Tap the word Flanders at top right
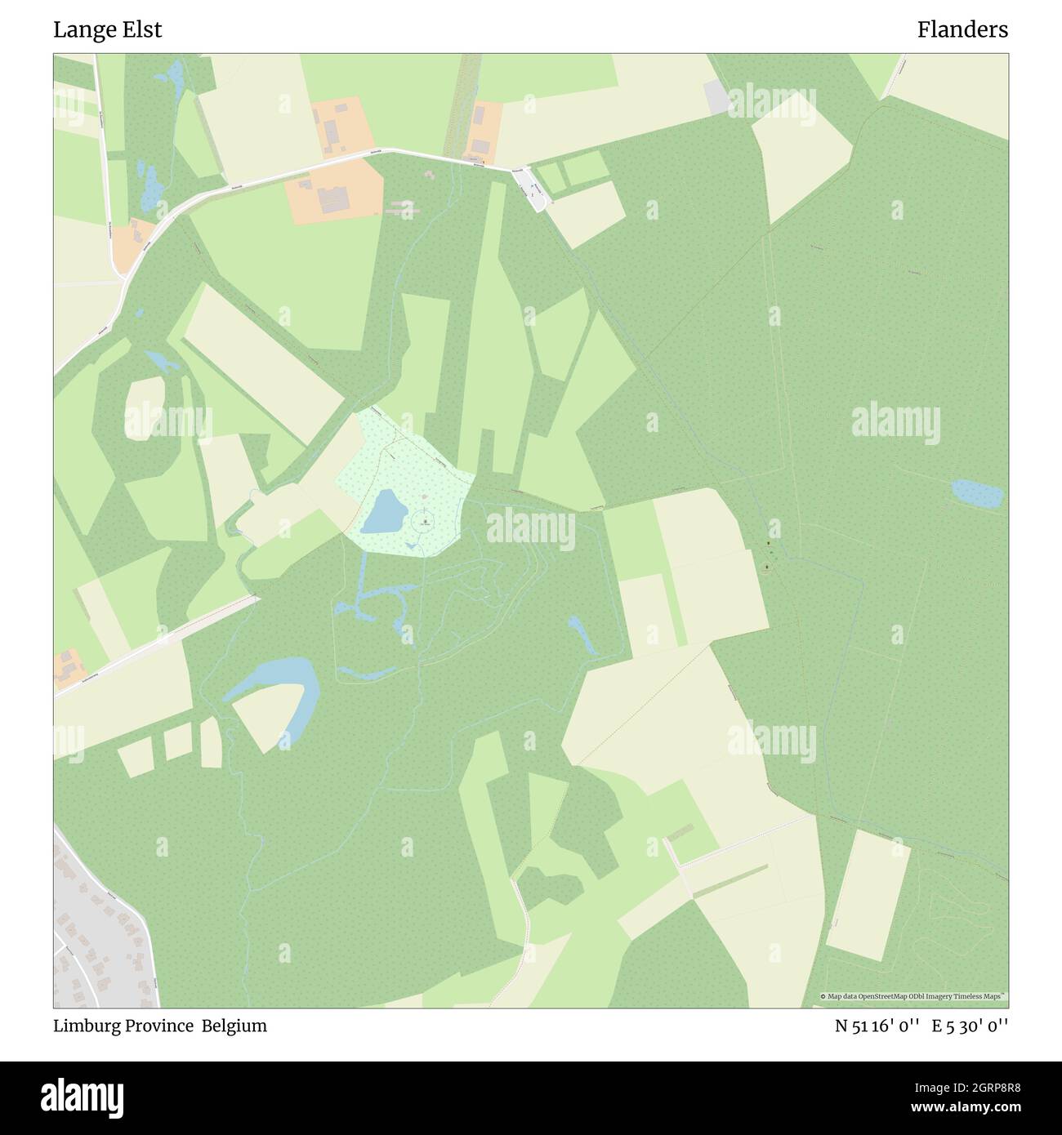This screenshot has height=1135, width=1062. pyautogui.click(x=962, y=30)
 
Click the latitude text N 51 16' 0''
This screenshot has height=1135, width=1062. pyautogui.click(x=881, y=1026)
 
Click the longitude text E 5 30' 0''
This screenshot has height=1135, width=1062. pyautogui.click(x=972, y=1026)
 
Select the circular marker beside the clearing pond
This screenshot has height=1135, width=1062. pyautogui.click(x=425, y=519)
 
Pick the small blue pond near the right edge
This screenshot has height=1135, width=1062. pyautogui.click(x=977, y=493)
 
